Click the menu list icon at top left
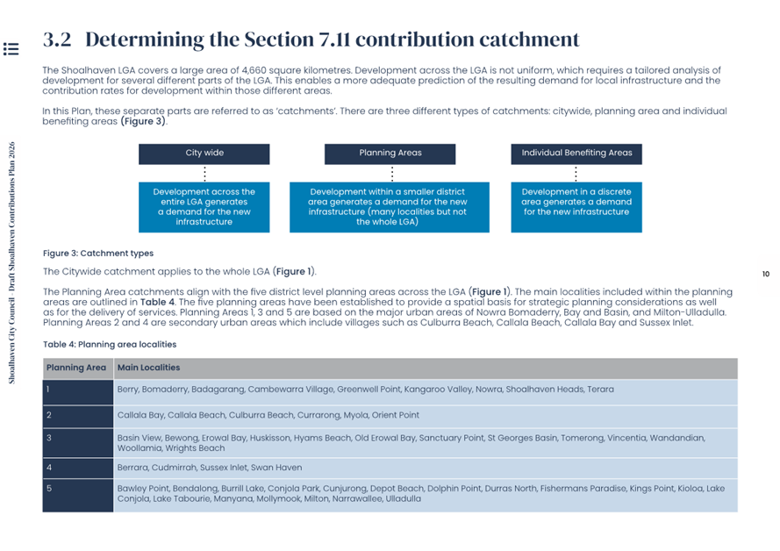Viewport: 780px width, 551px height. [x=11, y=48]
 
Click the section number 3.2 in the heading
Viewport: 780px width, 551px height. [x=57, y=39]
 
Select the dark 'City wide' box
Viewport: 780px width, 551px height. [x=204, y=154]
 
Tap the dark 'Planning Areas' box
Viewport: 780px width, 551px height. [x=390, y=154]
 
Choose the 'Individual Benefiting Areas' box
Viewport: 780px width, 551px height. [x=576, y=154]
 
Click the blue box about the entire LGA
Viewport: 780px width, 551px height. [x=204, y=207]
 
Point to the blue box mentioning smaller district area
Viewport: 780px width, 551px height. [x=389, y=207]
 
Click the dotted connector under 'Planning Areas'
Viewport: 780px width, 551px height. [x=391, y=174]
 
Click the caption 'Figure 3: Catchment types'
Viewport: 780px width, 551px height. [x=98, y=254]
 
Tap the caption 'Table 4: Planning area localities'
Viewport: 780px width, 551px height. [x=110, y=345]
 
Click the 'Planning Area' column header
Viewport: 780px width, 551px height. [x=76, y=369]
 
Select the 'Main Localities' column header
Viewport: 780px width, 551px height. [x=148, y=369]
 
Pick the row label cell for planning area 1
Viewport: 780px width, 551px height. [x=77, y=390]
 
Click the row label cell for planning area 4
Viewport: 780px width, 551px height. [x=77, y=469]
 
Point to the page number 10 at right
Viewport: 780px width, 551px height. [x=765, y=275]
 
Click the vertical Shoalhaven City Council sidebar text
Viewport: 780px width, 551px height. [x=12, y=263]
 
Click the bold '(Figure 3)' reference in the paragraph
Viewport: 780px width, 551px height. [x=143, y=121]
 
